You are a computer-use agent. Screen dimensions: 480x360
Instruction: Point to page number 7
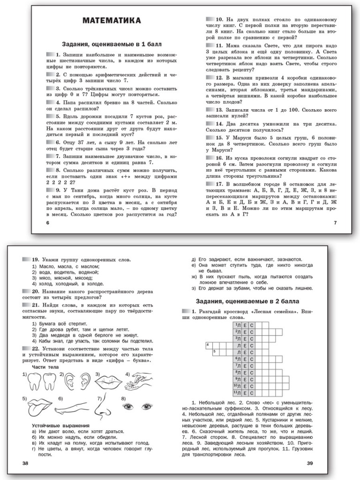pos(335,223)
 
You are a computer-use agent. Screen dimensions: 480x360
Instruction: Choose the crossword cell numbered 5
pos(215,351)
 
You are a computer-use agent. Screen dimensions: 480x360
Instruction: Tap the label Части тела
pos(45,367)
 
